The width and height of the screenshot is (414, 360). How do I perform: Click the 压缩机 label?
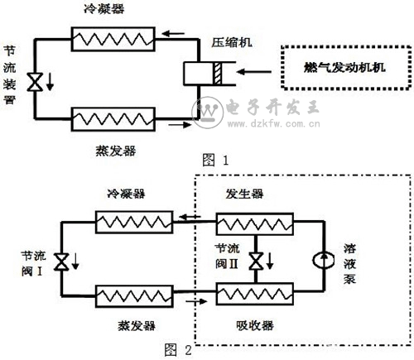[x=232, y=43]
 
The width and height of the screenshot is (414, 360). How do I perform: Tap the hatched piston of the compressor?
[x=218, y=73]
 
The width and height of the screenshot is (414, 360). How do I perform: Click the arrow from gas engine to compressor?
[x=254, y=72]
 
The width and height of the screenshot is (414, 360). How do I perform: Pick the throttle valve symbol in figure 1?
[x=35, y=82]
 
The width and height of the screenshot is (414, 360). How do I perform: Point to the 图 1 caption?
[x=215, y=160]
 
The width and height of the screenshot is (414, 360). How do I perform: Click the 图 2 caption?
[x=178, y=350]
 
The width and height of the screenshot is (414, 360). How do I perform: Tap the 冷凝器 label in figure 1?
[x=104, y=8]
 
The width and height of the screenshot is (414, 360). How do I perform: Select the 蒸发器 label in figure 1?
[x=116, y=151]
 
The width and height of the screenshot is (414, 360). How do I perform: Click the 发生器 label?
[x=244, y=194]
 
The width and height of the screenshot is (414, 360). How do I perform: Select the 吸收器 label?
[x=255, y=325]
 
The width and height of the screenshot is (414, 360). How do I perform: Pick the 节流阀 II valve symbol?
[x=256, y=261]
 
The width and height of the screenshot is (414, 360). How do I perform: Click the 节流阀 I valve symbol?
[x=61, y=262]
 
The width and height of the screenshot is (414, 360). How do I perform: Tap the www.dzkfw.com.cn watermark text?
[x=274, y=123]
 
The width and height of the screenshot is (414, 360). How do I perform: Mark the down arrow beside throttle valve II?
[x=270, y=261]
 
